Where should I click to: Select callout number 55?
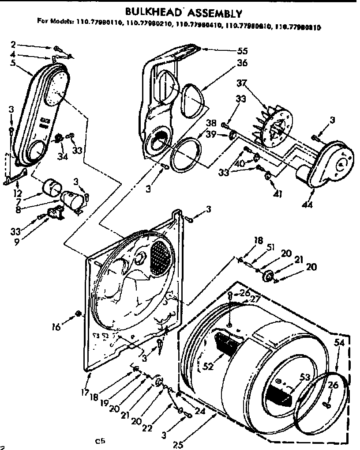point(242,50)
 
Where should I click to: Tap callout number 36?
point(242,63)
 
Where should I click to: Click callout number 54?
point(338,343)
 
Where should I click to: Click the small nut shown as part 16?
point(78,314)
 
